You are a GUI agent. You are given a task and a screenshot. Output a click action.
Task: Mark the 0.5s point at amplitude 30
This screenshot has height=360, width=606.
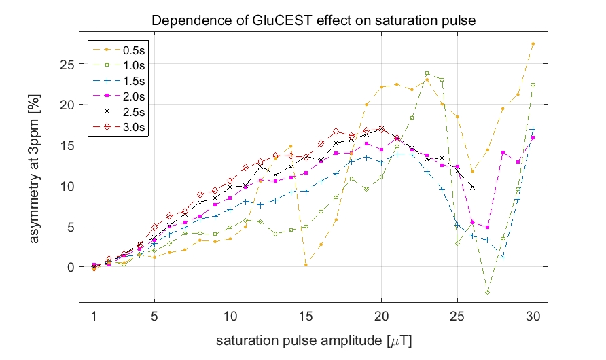pyautogui.click(x=533, y=43)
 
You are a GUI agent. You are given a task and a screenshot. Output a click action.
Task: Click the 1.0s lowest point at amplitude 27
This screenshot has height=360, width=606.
pyautogui.click(x=487, y=292)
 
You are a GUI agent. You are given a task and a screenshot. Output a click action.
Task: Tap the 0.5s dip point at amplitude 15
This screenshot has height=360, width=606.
pyautogui.click(x=306, y=264)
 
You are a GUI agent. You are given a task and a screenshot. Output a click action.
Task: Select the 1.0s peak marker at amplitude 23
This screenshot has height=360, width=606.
pyautogui.click(x=427, y=73)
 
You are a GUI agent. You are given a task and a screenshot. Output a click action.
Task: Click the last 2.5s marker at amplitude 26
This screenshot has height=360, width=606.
pyautogui.click(x=472, y=186)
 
